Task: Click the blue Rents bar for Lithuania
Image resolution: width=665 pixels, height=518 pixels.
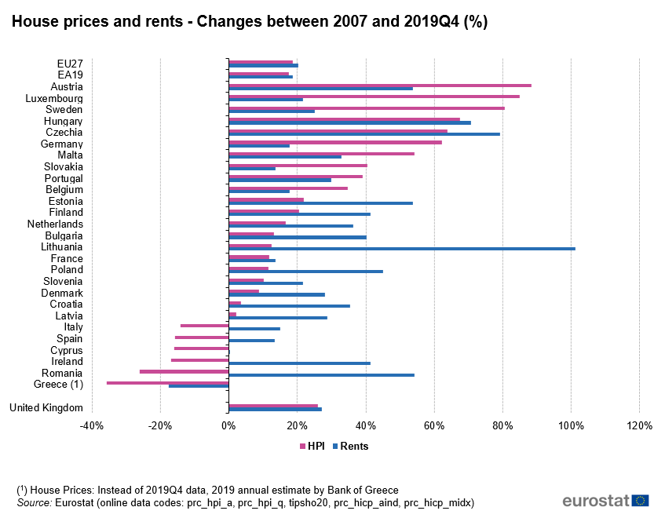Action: (401, 249)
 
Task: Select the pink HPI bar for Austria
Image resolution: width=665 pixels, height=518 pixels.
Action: (379, 85)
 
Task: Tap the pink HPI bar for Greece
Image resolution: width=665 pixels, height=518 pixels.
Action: (167, 382)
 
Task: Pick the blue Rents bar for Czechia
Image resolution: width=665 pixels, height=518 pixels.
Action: (364, 134)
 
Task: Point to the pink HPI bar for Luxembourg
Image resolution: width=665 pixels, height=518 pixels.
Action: (374, 97)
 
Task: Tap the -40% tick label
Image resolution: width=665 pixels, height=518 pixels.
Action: (92, 425)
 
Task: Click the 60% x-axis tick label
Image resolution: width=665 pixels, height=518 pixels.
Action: (434, 425)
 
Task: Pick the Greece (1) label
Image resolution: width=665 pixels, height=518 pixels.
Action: (58, 385)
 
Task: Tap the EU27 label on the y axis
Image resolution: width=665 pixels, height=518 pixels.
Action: (70, 64)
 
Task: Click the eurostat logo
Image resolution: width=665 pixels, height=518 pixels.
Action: (605, 501)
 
